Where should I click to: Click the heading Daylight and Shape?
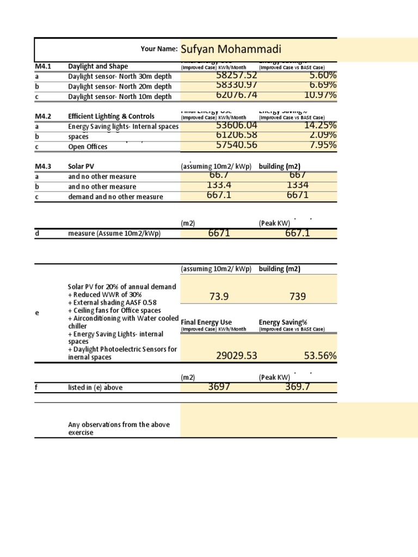[x=98, y=66]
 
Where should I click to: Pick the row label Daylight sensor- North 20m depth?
[x=120, y=86]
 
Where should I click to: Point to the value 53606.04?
[x=236, y=126]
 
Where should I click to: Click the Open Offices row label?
[x=88, y=147]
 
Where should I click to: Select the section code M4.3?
[x=43, y=166]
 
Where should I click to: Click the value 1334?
[x=297, y=185]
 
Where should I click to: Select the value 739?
[x=298, y=296]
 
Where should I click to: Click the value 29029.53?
[x=236, y=356]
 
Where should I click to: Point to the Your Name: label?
[x=159, y=49]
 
